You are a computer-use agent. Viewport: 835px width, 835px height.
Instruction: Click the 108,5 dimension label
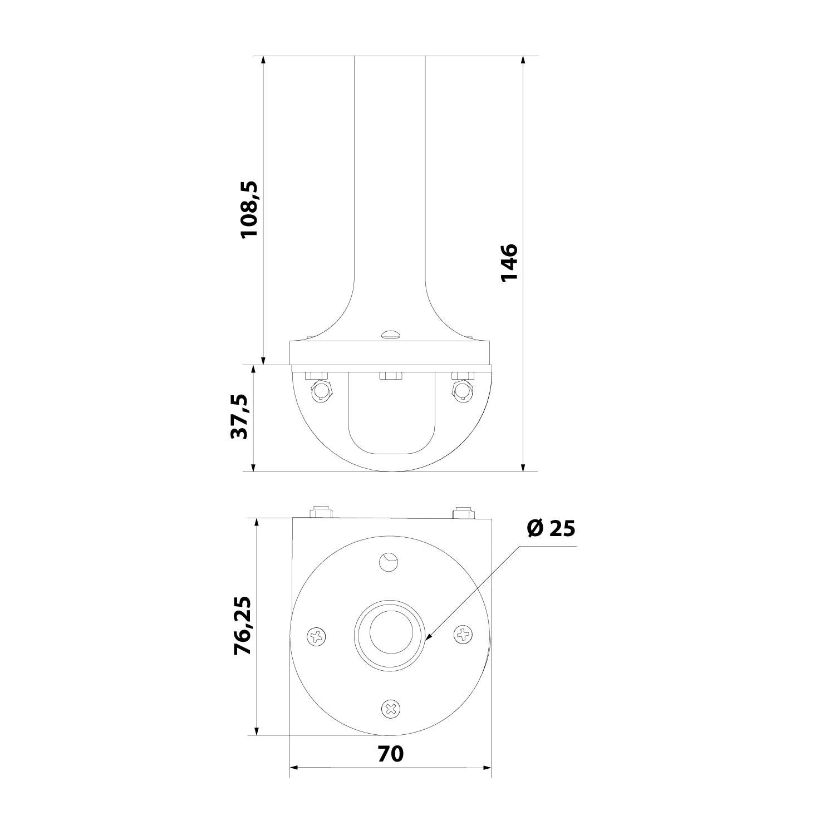tap(249, 209)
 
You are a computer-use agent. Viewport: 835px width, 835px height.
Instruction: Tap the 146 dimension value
tap(509, 263)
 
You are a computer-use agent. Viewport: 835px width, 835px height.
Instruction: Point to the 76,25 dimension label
tap(243, 625)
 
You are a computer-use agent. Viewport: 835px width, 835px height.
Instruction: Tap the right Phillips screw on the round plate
tap(463, 634)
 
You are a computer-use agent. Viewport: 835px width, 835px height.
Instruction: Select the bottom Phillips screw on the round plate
tap(391, 709)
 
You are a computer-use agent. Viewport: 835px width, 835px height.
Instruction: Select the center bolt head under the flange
tap(391, 376)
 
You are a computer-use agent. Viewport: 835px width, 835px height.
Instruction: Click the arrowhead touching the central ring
tap(429, 637)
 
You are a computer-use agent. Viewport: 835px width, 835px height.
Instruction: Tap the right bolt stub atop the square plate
tap(463, 512)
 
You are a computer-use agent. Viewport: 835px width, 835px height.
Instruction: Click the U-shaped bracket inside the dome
tap(391, 423)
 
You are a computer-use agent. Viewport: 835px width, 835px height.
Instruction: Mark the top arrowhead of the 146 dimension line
tap(523, 60)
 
